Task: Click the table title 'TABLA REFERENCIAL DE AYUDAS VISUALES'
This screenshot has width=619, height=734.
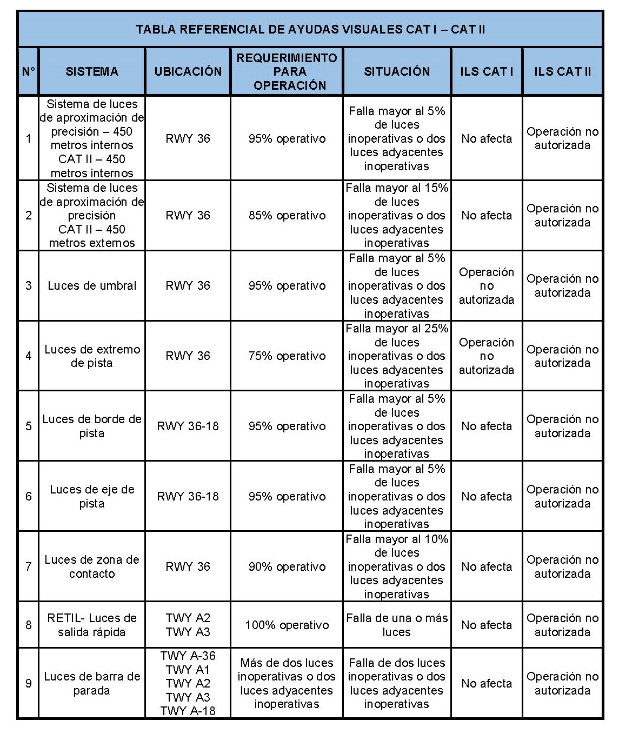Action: (x=310, y=29)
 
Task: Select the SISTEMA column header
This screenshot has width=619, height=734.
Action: (x=92, y=71)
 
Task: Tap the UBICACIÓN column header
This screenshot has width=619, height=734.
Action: (x=188, y=71)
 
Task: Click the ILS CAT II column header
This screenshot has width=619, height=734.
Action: (x=562, y=71)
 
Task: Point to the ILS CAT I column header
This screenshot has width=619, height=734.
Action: (x=487, y=71)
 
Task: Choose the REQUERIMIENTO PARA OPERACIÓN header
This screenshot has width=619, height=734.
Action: (x=287, y=71)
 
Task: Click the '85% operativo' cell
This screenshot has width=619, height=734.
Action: (x=287, y=215)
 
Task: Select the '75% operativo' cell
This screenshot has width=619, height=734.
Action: (x=287, y=356)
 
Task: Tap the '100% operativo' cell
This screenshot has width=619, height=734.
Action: (x=287, y=625)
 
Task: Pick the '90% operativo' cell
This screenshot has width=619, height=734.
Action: (x=287, y=566)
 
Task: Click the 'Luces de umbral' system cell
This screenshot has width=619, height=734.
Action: (x=92, y=285)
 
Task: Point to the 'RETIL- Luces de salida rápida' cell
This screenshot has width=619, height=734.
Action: (x=92, y=625)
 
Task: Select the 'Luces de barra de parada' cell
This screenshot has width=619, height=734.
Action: (x=92, y=683)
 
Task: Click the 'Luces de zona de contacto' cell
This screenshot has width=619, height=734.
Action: (x=92, y=566)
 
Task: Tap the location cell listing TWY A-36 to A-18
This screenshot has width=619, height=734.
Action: (x=188, y=683)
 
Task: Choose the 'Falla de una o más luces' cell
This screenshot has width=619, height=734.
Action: (x=397, y=625)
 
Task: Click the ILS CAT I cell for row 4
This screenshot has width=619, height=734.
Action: (x=487, y=356)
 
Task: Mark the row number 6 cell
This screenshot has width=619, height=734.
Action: (x=29, y=496)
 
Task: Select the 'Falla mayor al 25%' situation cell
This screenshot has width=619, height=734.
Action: (x=397, y=356)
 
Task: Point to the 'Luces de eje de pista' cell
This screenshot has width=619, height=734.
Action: (x=92, y=496)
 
